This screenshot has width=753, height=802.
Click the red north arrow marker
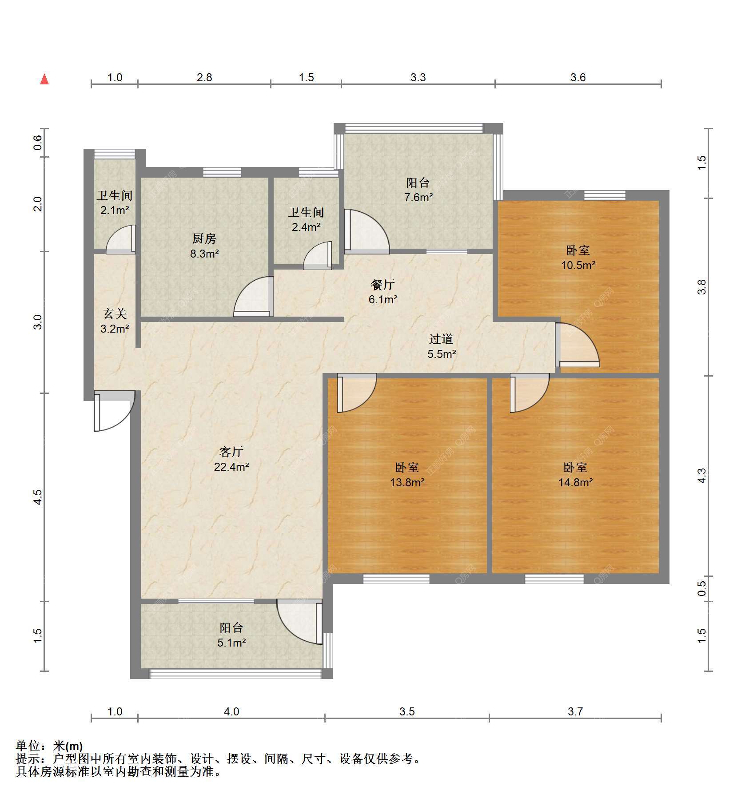point(44,79)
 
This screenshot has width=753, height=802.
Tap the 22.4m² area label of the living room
point(231,467)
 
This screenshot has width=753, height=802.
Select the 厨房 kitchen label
point(204,239)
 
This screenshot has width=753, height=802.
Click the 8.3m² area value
point(204,254)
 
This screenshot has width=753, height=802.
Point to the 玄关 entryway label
point(115,314)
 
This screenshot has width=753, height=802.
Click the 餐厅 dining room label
point(383,284)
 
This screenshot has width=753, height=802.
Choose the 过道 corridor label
point(441,339)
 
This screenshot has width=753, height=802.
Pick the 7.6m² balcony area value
point(418,198)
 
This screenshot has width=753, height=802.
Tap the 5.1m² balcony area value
point(232,643)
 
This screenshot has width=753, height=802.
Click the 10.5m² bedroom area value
point(578,265)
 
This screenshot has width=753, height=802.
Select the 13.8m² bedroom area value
point(407,482)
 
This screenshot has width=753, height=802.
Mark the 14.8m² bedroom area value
point(576,482)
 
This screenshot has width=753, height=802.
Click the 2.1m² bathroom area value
point(115,210)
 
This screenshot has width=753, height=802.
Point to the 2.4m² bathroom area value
point(306,227)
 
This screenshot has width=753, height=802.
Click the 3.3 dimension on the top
point(418,78)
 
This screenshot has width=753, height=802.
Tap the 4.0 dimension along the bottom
point(231,712)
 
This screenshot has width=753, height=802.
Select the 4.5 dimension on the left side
point(38,497)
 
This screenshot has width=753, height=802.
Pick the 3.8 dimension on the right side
point(701,287)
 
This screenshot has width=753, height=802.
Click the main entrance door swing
point(114,411)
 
